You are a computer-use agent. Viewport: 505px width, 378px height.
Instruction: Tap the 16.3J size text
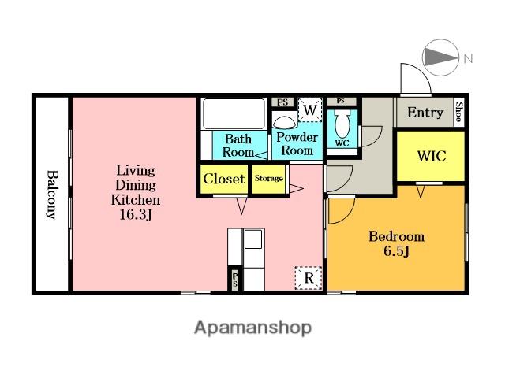point(136,214)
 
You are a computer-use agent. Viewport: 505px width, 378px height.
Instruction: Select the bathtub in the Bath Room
point(234,113)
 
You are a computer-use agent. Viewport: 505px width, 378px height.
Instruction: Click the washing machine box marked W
point(310,109)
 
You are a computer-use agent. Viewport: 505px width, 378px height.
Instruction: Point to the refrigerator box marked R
point(309,278)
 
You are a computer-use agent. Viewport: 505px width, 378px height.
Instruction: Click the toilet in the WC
point(342,123)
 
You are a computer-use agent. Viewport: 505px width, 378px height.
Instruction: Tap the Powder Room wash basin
point(284,122)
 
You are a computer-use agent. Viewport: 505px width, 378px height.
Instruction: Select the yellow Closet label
point(224,179)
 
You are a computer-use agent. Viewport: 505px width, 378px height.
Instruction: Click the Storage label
point(269,178)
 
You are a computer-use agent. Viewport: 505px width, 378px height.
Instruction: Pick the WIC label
point(432,156)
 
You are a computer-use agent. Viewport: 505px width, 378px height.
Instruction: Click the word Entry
point(425,113)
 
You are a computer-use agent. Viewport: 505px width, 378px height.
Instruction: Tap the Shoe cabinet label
point(459,112)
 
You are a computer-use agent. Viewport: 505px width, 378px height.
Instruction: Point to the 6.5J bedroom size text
point(396,250)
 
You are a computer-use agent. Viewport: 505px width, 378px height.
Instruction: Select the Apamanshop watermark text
point(252,328)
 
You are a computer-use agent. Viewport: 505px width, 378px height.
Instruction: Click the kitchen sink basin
point(253,239)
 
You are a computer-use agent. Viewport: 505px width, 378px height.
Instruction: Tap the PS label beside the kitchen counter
point(235,280)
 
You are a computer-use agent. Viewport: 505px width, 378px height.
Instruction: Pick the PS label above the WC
point(340,101)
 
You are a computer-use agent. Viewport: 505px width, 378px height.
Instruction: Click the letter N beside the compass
point(468,58)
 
